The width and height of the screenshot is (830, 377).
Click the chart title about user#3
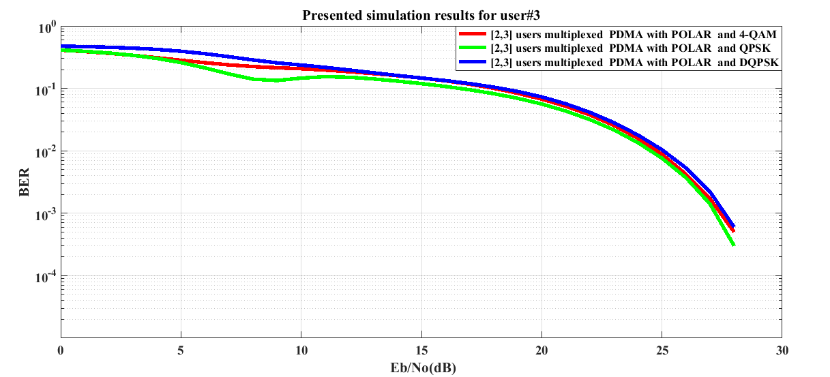[x=421, y=16]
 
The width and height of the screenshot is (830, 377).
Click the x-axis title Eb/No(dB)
[x=421, y=368]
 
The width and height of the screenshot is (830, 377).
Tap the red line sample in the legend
[x=472, y=34]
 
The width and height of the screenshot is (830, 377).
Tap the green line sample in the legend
[x=472, y=48]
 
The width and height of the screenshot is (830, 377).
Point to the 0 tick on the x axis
[x=61, y=350]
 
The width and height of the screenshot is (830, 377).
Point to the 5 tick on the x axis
[x=181, y=350]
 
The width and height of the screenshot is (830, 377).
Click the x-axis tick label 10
[x=301, y=350]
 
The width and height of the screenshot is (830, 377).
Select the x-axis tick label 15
[x=421, y=350]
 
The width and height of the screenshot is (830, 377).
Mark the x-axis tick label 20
[x=542, y=350]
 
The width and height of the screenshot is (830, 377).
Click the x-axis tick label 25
[x=662, y=350]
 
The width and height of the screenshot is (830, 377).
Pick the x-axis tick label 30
[x=782, y=350]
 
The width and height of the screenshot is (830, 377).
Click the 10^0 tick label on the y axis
[x=46, y=28]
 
